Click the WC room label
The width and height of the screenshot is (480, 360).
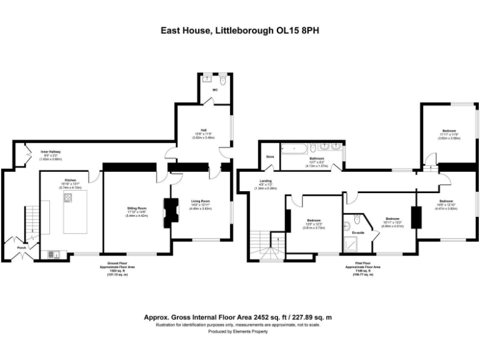[x=214, y=90]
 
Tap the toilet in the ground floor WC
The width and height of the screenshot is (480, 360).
[x=222, y=80]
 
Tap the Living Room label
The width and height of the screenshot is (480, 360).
[x=200, y=201]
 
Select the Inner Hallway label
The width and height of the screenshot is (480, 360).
[x=51, y=151]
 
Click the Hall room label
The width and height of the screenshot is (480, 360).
[x=204, y=130]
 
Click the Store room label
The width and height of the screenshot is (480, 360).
[x=270, y=156]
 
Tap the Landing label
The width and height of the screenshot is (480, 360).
[x=266, y=181]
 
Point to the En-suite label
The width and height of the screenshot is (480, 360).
[x=358, y=232]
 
